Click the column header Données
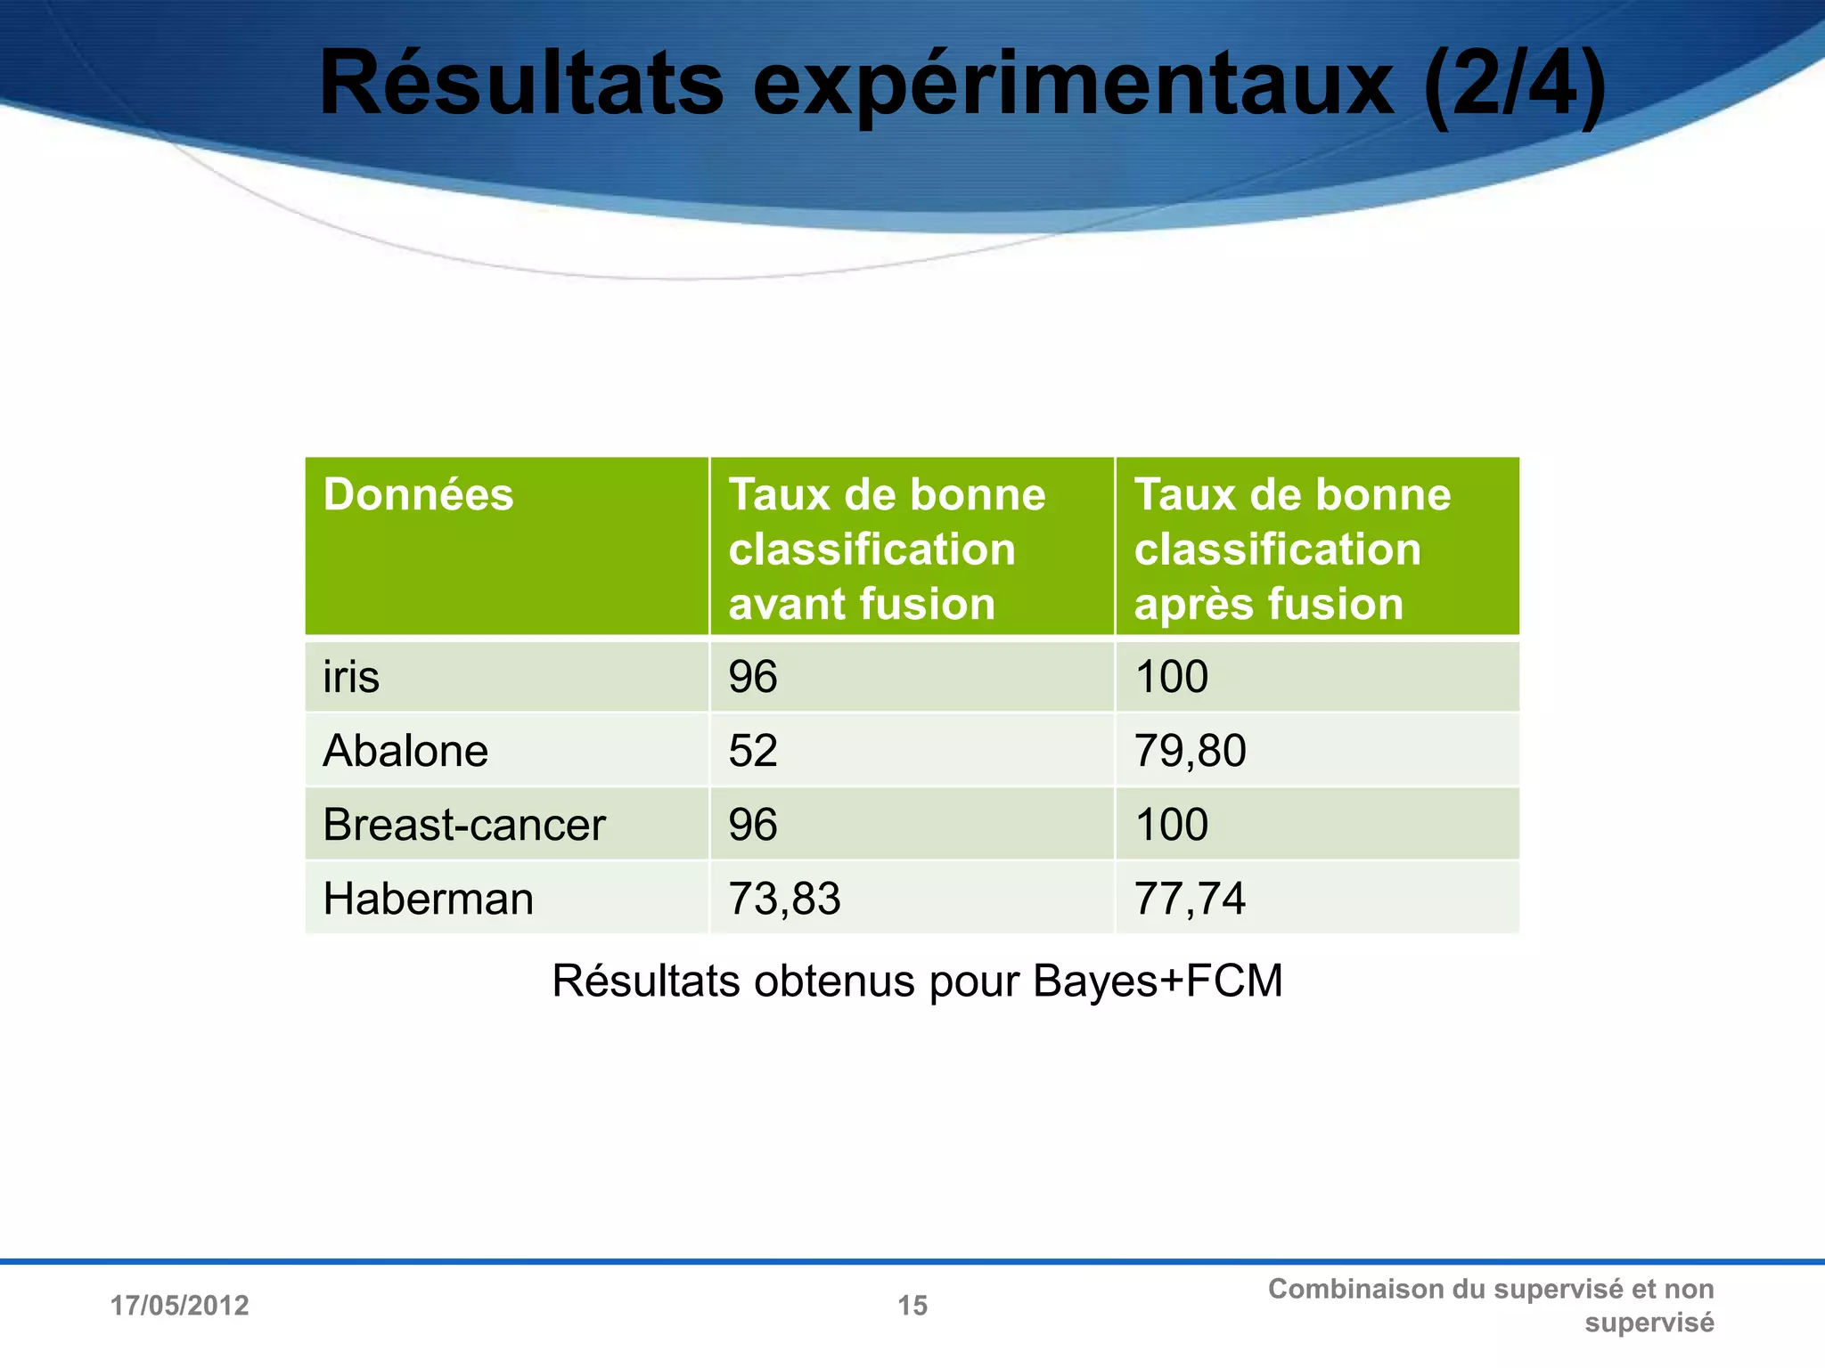coord(418,494)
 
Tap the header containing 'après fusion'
coord(1292,549)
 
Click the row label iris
coord(351,677)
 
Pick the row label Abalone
coord(405,751)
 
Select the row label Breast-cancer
coord(463,825)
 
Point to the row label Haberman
coord(428,899)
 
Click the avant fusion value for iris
coord(753,677)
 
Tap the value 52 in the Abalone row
coord(753,751)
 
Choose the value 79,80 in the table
coord(1190,751)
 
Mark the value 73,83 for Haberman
coord(784,899)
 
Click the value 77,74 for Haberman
coord(1190,899)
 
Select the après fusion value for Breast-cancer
coord(1171,825)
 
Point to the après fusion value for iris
coord(1171,677)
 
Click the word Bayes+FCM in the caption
coord(1158,981)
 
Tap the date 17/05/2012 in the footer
coord(179,1306)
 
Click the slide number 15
coord(912,1306)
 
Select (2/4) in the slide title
coord(1515,85)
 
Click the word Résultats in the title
coord(521,85)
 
